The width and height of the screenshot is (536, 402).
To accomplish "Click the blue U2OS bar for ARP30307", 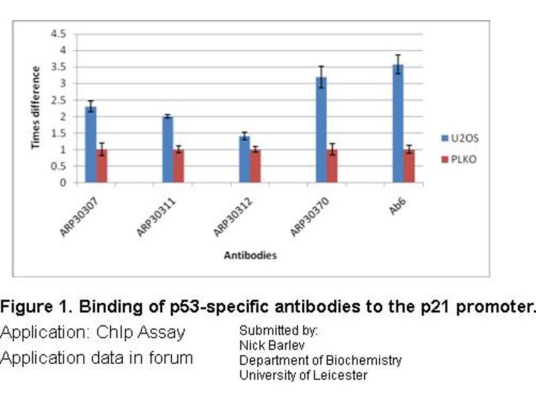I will click(x=90, y=144).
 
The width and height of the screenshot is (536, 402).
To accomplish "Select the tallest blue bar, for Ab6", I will click(x=398, y=123).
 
